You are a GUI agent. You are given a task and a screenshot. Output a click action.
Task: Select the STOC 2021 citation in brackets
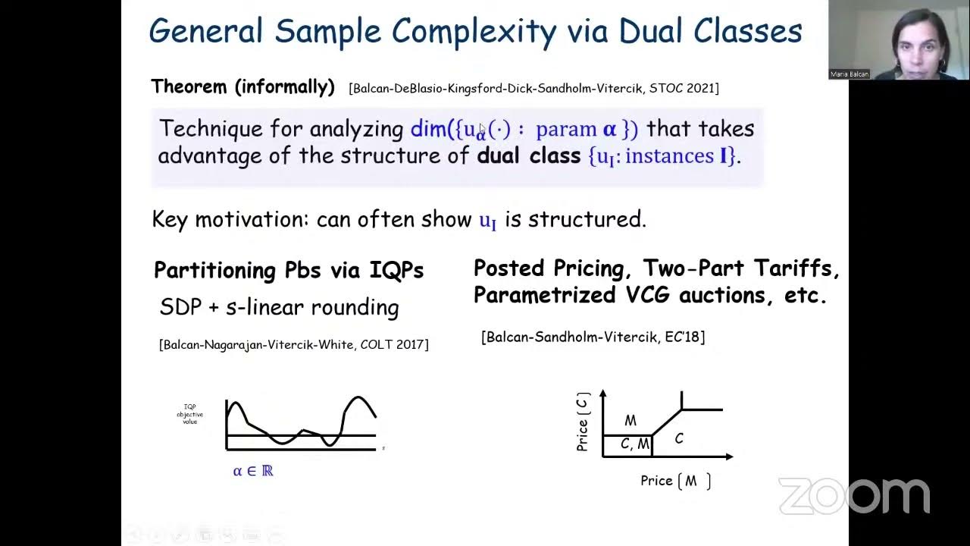(533, 88)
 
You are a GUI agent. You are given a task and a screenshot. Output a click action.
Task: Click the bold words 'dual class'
(528, 156)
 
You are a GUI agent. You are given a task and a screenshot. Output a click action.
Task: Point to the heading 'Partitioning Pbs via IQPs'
(289, 271)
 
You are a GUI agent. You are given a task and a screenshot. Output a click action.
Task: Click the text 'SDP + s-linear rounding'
(279, 307)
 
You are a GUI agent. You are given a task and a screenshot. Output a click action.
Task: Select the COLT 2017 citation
(294, 344)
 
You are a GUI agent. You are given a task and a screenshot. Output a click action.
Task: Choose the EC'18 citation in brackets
(593, 337)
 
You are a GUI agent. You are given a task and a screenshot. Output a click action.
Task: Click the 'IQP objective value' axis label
(190, 414)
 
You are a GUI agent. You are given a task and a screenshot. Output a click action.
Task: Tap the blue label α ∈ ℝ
(253, 471)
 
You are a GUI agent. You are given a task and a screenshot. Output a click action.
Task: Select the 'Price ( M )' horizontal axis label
(675, 481)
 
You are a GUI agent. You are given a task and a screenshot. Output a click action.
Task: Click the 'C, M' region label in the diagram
(634, 444)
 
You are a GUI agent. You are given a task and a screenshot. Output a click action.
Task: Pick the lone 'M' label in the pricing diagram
(630, 421)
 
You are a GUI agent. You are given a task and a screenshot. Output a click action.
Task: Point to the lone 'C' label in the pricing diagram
(679, 438)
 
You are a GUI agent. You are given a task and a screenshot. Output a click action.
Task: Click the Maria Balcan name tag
(850, 74)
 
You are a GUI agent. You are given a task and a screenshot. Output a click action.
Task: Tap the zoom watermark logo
(854, 497)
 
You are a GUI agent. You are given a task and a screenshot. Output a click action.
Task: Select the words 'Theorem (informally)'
(242, 86)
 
